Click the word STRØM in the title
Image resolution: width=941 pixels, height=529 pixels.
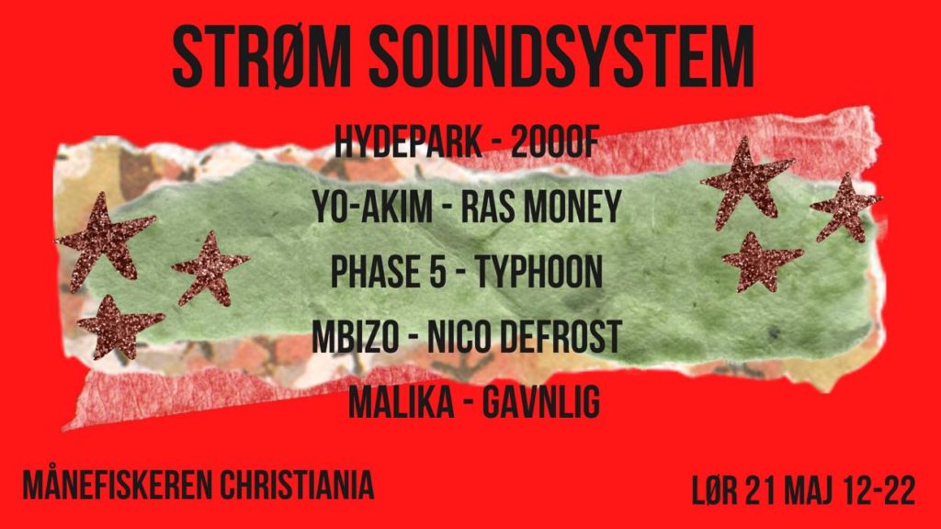(262, 58)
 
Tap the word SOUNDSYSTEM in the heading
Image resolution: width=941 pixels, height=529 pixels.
(561, 58)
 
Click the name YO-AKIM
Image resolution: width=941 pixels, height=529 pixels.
(373, 207)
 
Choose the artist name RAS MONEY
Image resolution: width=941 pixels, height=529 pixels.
(540, 207)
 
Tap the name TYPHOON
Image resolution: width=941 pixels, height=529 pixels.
(539, 271)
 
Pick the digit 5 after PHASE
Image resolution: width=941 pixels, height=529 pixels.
(437, 271)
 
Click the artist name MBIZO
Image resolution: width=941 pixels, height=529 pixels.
(356, 336)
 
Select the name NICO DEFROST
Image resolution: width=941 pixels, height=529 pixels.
(524, 336)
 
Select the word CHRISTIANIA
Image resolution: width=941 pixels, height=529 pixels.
(297, 485)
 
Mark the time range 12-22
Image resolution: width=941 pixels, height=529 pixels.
(879, 491)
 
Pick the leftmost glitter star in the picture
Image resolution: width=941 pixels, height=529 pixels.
(106, 240)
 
